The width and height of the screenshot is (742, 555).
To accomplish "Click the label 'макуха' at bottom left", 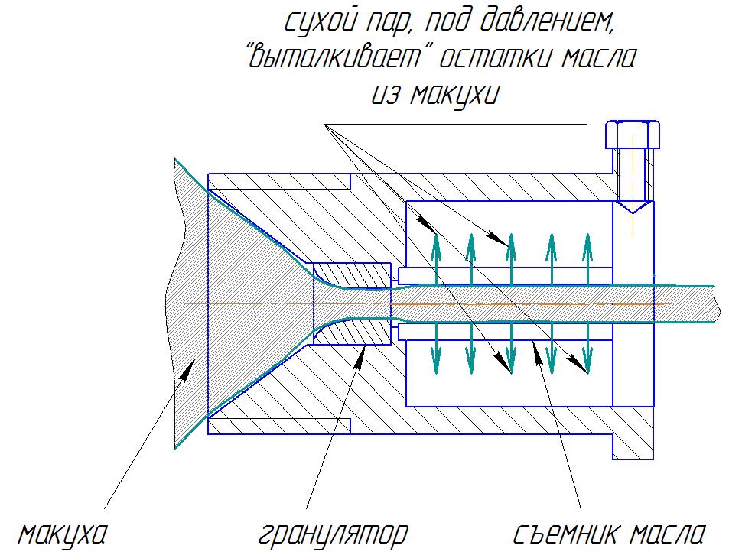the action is click(62, 534).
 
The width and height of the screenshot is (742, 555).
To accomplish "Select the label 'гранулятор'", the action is click(334, 534).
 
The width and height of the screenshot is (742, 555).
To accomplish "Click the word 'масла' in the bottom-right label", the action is click(668, 534).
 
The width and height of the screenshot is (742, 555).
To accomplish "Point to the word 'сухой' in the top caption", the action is click(320, 21).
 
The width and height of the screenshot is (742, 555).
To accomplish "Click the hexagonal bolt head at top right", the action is click(632, 135).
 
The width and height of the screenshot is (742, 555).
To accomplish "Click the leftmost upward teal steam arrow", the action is click(436, 259).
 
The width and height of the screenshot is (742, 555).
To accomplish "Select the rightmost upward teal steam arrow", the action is click(587, 259).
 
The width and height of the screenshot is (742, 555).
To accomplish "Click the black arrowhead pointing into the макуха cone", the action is click(186, 368).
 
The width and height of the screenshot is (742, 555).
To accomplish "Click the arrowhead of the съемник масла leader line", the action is click(538, 352).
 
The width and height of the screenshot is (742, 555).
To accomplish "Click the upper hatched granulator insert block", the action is click(353, 275).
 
